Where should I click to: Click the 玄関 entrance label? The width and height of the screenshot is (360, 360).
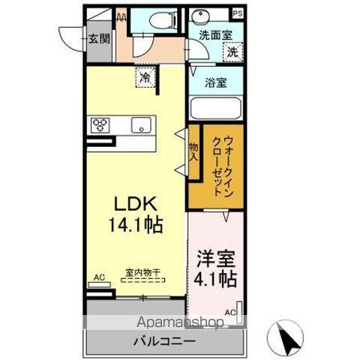(97, 39)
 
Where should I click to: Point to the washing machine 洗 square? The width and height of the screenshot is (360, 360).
(233, 52)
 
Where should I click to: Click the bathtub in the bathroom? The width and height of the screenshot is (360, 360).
(217, 108)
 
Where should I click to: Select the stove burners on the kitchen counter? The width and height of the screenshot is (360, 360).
(100, 124)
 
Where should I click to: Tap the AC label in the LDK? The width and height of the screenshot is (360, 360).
(98, 275)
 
